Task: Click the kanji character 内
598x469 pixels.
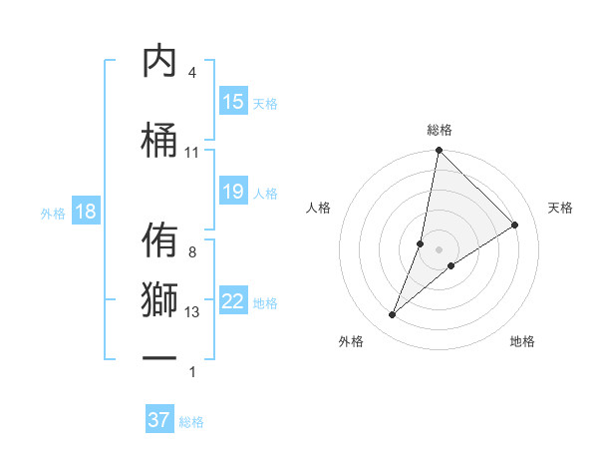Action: tap(160, 62)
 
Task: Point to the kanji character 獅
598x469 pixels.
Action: tap(160, 300)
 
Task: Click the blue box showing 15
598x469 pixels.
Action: tap(233, 102)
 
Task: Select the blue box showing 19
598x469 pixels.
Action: tap(233, 192)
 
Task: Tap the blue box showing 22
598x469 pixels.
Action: tap(233, 301)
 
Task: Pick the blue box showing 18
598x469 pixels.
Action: tap(85, 213)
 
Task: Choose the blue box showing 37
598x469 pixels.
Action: tap(159, 420)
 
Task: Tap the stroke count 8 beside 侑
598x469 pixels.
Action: tap(191, 252)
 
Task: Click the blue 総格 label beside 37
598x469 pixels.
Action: tap(191, 422)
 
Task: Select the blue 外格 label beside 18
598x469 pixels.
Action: tap(53, 214)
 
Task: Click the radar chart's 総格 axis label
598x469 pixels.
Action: tap(439, 130)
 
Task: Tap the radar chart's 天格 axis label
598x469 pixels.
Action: tap(561, 208)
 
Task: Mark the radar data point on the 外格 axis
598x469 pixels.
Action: tap(393, 315)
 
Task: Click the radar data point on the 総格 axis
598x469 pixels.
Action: tap(439, 152)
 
